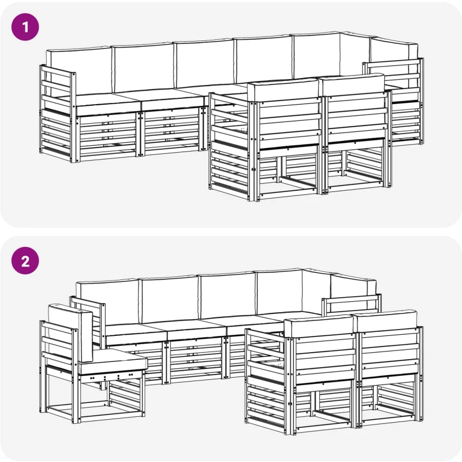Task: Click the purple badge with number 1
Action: click(x=25, y=27)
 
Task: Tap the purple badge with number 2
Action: click(x=25, y=261)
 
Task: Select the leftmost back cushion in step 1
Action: click(x=79, y=72)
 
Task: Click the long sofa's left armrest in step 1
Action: click(x=57, y=113)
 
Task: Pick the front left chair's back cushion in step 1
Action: click(x=283, y=90)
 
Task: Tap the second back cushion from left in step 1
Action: click(x=143, y=68)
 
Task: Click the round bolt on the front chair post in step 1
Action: click(x=253, y=169)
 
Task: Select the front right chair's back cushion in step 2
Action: click(x=386, y=321)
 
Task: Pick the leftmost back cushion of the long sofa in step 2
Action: click(x=107, y=301)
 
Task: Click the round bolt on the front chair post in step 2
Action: click(x=290, y=403)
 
